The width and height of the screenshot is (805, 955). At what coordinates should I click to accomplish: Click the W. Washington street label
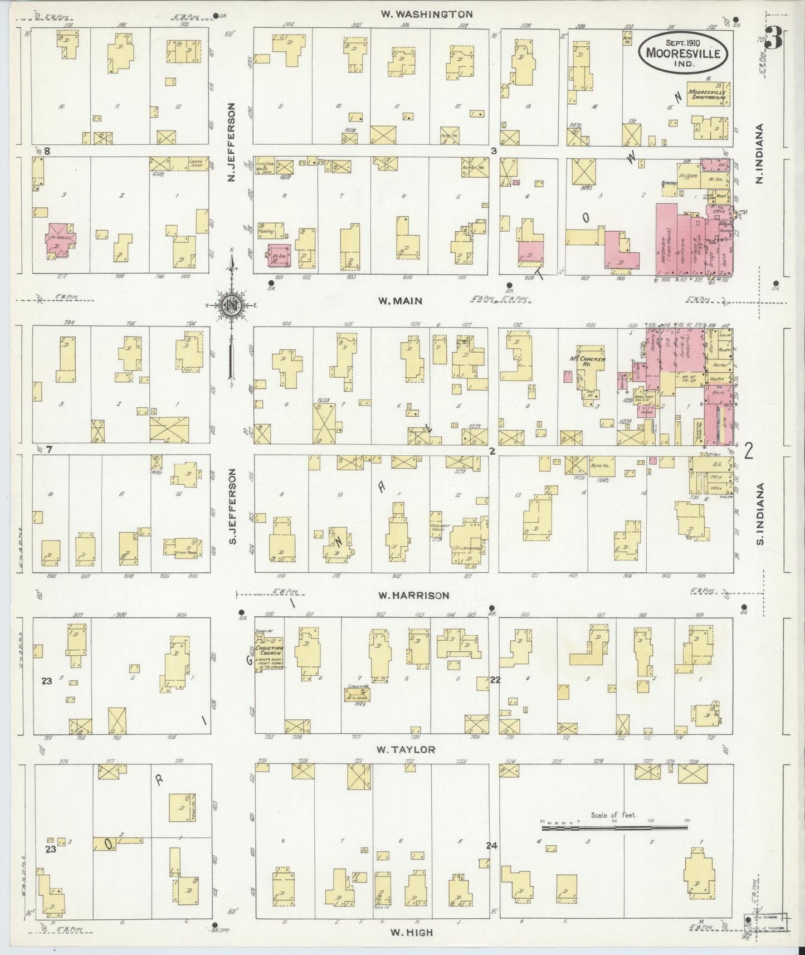427,14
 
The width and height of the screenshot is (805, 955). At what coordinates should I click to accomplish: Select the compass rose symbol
230,305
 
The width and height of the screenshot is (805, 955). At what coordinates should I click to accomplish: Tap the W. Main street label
400,301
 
